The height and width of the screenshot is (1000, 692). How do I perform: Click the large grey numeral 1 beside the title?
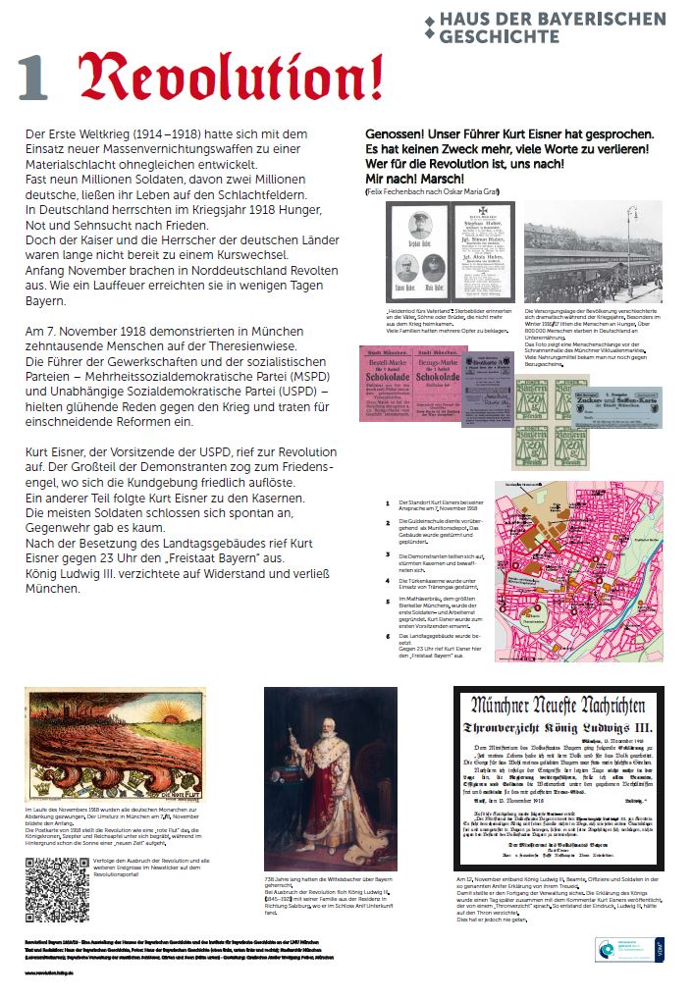point(32,79)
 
